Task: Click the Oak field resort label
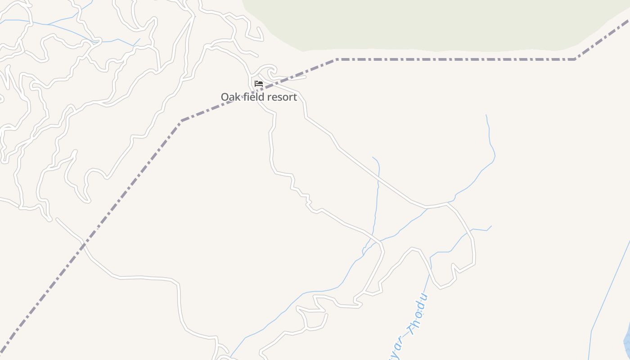[259, 97]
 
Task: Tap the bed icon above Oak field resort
[258, 84]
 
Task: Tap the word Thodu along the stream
[417, 315]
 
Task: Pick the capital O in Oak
[225, 97]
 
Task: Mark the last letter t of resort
[295, 97]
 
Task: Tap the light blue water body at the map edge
[627, 342]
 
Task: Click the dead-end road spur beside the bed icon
[292, 77]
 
